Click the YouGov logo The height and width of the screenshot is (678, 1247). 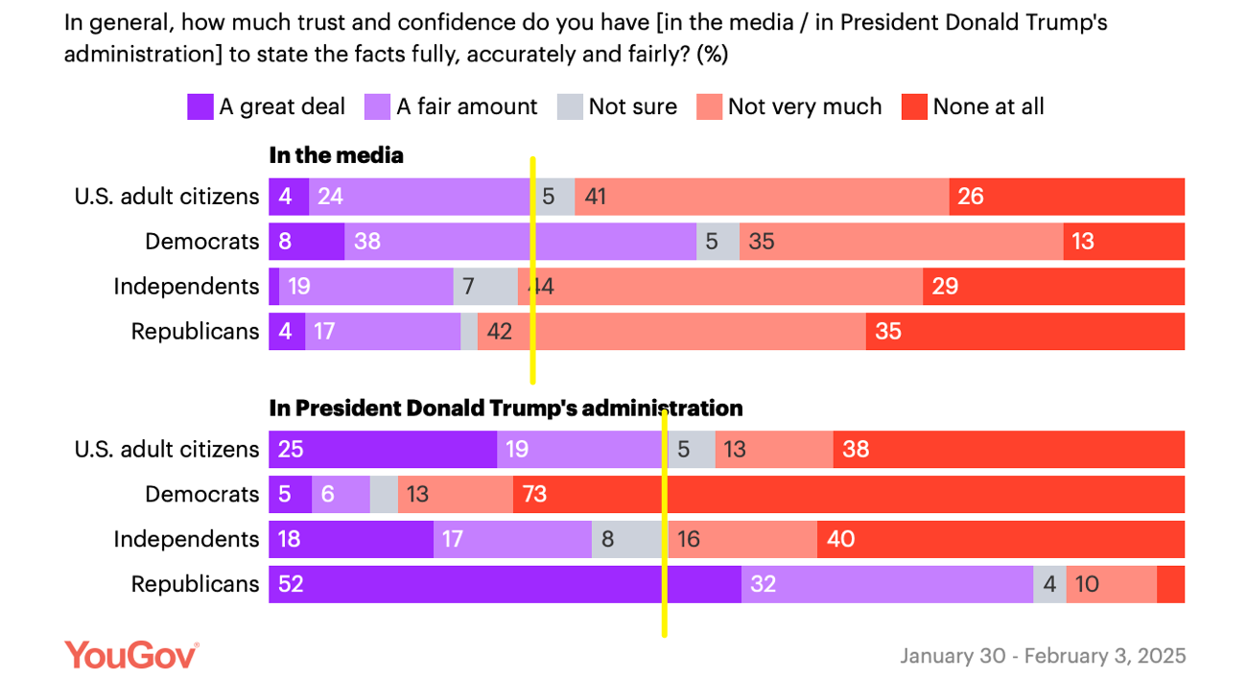(x=131, y=655)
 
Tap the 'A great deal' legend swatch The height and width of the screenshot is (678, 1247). (x=200, y=106)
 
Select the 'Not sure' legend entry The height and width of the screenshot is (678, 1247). (x=617, y=106)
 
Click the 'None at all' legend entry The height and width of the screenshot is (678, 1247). (x=973, y=106)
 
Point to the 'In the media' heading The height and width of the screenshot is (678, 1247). (x=336, y=155)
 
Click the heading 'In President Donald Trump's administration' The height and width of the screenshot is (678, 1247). (x=506, y=409)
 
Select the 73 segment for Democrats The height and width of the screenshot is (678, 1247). (x=849, y=494)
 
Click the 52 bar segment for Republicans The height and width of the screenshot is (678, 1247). (x=505, y=584)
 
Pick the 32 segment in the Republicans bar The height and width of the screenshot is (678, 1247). (x=886, y=584)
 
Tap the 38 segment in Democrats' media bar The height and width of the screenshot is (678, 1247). (x=520, y=241)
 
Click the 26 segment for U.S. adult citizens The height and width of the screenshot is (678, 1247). (x=1067, y=197)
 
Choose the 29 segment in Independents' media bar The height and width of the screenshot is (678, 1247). (x=1053, y=286)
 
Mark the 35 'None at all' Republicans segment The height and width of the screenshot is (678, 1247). (x=1024, y=331)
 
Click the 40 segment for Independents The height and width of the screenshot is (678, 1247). (x=1000, y=539)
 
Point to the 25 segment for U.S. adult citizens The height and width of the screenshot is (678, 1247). (x=382, y=449)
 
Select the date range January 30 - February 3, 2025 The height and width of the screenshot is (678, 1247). (x=1043, y=656)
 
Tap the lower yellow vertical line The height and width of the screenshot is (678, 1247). (x=664, y=522)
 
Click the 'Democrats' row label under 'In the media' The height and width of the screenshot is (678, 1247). (x=201, y=241)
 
